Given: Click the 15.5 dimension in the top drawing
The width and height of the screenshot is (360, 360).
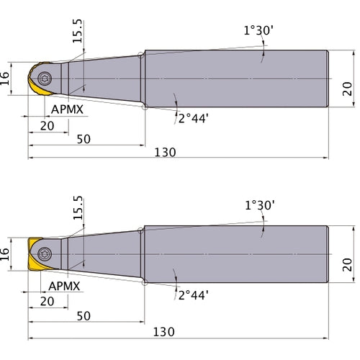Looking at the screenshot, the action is coord(77,31).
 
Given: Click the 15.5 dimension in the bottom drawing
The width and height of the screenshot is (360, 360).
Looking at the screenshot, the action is coord(78,208).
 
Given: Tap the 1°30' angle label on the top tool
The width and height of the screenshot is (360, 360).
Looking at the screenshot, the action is coord(258,30).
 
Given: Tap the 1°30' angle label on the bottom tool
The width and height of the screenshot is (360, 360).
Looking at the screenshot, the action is coord(260,205).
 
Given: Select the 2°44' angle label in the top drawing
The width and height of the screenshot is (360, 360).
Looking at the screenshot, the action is coord(193,119).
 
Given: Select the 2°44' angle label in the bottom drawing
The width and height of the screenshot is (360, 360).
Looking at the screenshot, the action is coord(193,295).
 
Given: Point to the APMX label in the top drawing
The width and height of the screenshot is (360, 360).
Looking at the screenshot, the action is coord(67,109).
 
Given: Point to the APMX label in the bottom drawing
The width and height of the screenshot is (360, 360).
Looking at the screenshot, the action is coord(64,286).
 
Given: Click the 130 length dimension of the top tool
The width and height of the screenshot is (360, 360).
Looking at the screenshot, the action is coord(165,153).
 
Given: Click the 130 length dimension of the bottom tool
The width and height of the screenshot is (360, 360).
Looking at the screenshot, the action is coord(164,332).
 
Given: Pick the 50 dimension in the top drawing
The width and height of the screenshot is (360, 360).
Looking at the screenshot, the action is coord(84,139).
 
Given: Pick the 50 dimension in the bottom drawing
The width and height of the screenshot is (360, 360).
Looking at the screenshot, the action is coord(84,316).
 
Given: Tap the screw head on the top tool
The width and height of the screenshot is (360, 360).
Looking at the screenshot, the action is coord(45,78).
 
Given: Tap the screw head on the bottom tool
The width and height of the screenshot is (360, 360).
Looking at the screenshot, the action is coord(45,254).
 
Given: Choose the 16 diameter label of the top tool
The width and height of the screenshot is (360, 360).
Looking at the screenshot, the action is coord(4,78).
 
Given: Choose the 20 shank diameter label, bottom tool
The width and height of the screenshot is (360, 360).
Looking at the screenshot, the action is coord(347,264).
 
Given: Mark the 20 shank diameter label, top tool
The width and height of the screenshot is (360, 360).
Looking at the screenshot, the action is coord(347,89).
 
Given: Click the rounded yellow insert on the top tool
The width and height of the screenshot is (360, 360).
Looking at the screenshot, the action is coord(38,78).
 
